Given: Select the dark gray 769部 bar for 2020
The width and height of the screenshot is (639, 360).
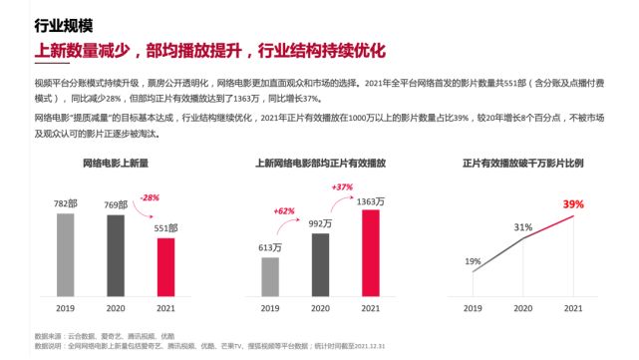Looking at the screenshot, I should coord(115,255).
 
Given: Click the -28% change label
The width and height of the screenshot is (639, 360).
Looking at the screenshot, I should coord(150,198).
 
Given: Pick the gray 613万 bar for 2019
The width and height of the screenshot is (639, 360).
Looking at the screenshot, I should coord(270,275).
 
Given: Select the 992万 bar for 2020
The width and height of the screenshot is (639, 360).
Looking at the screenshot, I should coord(320,264).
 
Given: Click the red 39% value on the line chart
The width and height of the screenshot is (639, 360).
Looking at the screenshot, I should coord(573,204).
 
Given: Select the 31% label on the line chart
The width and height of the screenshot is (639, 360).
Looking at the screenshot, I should coord(523,227).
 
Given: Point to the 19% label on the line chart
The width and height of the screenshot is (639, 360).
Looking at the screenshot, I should coord(472,262).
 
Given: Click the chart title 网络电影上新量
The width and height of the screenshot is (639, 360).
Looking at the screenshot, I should coord(115,162).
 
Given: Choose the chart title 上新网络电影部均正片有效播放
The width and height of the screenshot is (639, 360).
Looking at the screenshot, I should coord(320,162).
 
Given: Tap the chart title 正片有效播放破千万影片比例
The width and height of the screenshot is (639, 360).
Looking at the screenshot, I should coord(522,162).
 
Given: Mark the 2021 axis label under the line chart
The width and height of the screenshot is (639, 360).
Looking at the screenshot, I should coord(573,308).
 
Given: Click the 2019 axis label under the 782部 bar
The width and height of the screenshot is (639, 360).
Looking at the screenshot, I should coord(64,308).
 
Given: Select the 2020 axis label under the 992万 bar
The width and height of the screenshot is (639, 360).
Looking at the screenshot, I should coord(320,308).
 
